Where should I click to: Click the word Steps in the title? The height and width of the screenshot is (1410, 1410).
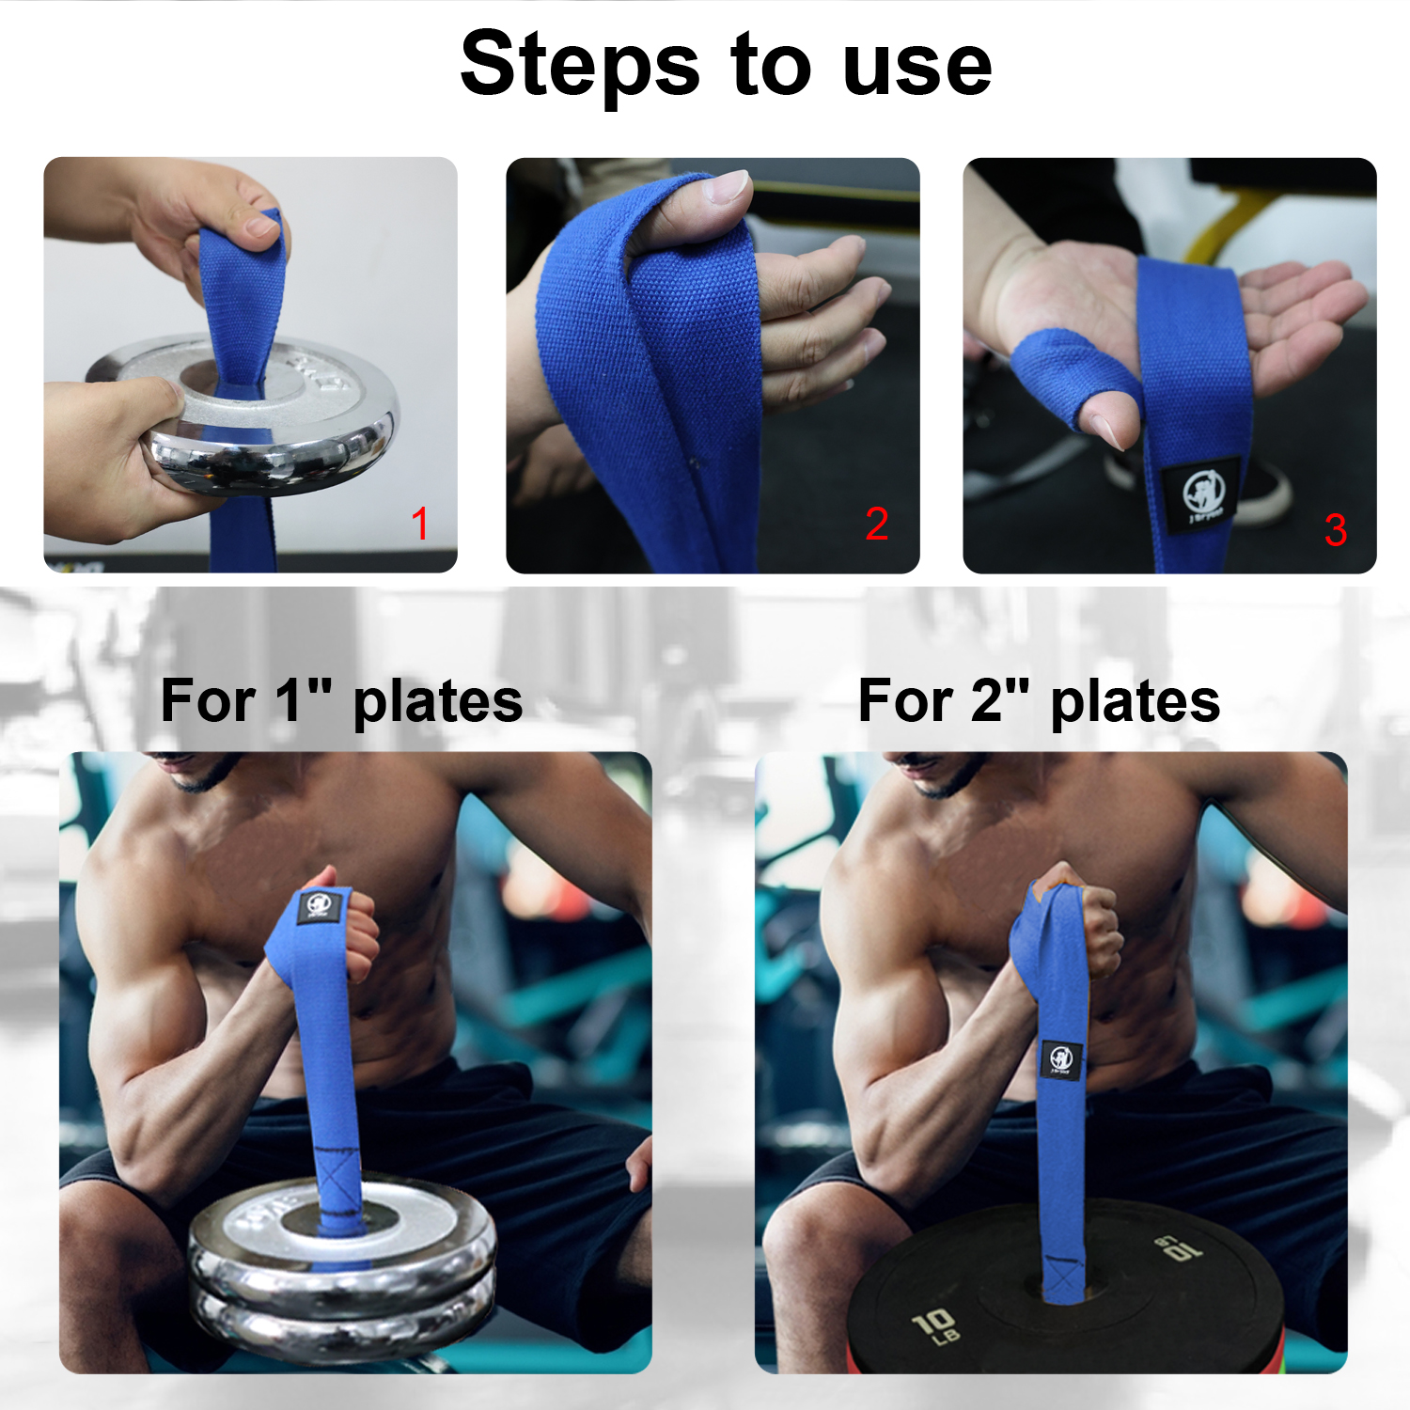point(579,64)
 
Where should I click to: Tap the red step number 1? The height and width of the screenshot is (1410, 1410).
point(420,524)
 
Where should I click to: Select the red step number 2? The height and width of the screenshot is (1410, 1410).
point(876,524)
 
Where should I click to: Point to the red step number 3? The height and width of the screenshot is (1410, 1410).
point(1335,530)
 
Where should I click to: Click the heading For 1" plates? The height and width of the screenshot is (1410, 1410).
point(341,701)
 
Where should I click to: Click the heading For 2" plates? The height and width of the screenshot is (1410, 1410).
point(1039,701)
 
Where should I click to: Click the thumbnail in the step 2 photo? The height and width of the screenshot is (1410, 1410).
point(728,186)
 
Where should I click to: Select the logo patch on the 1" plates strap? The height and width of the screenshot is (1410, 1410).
point(319,907)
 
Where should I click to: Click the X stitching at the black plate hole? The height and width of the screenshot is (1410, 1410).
point(1064,1278)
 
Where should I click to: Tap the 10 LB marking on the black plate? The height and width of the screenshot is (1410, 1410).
point(936,1325)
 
